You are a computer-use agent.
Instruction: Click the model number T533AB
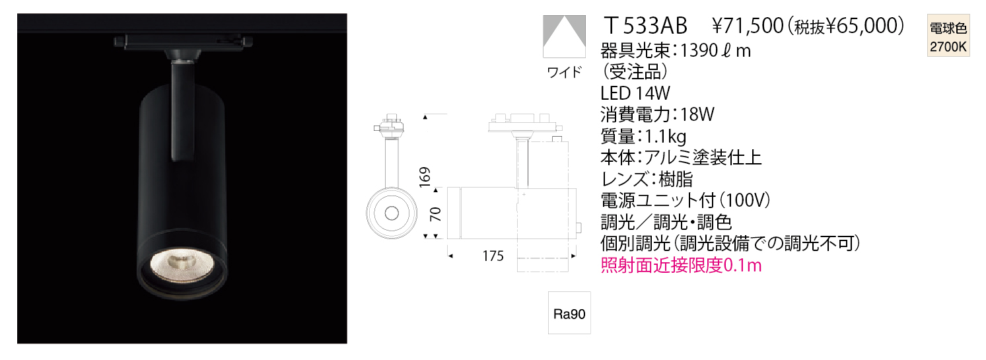pyautogui.click(x=645, y=26)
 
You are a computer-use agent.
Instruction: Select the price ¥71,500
pyautogui.click(x=748, y=26)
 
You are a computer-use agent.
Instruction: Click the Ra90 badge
pyautogui.click(x=569, y=313)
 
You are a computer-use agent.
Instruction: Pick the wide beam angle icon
pyautogui.click(x=564, y=36)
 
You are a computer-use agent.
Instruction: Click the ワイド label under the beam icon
pyautogui.click(x=564, y=72)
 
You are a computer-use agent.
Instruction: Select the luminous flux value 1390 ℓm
pyautogui.click(x=715, y=51)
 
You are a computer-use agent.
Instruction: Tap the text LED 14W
pyautogui.click(x=635, y=93)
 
